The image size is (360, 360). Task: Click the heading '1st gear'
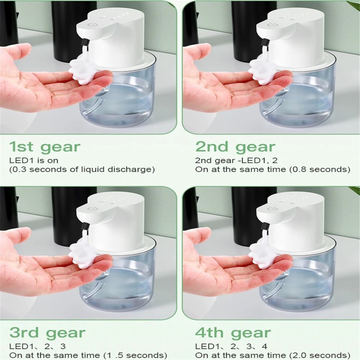pos(45,147)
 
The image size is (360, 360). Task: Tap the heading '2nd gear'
pos(235,147)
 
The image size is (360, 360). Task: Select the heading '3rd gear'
pos(48,333)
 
